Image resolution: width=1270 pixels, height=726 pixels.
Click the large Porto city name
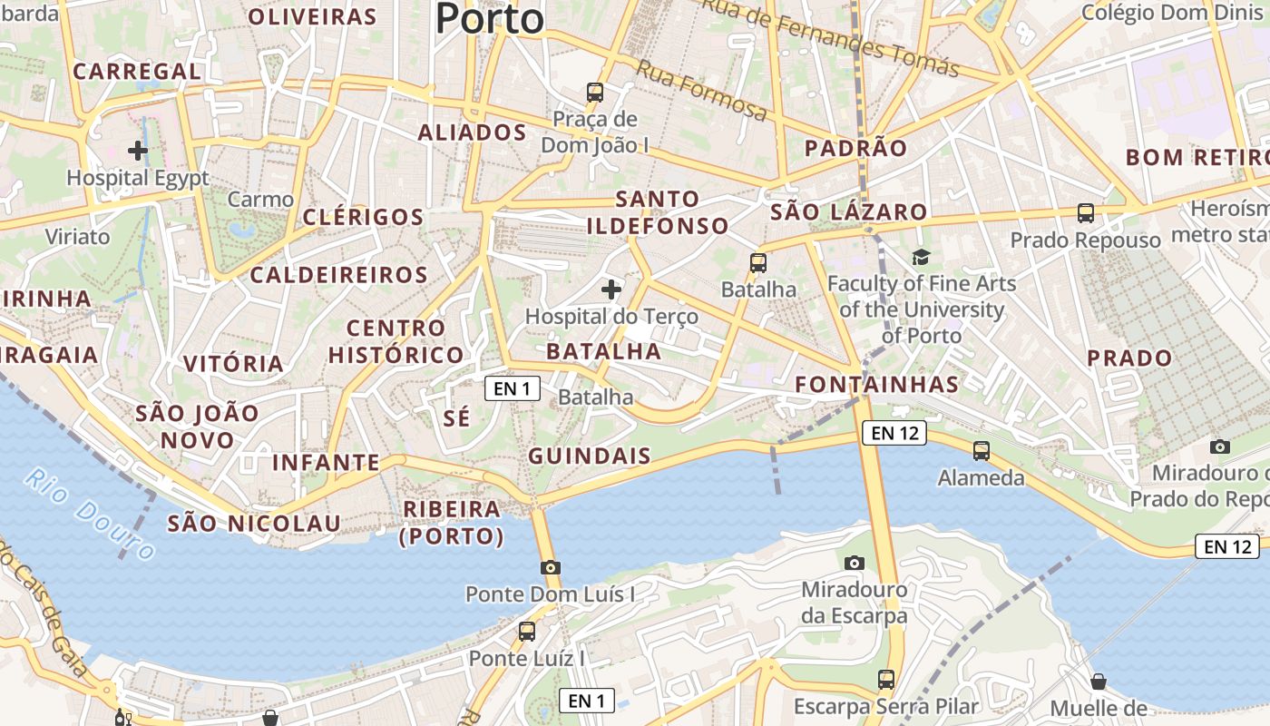click(x=490, y=18)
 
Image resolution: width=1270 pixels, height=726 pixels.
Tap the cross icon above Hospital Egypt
click(x=138, y=150)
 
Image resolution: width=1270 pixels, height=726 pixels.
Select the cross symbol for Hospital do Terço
click(x=611, y=289)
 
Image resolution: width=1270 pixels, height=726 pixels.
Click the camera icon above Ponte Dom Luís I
click(x=550, y=567)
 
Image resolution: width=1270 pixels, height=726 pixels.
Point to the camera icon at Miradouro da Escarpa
click(x=854, y=563)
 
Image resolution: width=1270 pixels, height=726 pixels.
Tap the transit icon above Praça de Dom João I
click(x=595, y=92)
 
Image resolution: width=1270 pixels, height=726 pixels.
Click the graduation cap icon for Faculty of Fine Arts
click(x=922, y=257)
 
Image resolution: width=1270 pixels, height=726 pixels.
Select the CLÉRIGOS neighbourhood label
click(x=363, y=217)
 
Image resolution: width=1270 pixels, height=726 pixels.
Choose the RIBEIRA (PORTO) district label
click(x=452, y=522)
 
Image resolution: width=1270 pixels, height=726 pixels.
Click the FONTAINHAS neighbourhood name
click(x=876, y=384)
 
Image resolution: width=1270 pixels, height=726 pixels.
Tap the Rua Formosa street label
click(x=701, y=90)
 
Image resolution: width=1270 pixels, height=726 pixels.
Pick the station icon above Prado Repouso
click(x=1085, y=213)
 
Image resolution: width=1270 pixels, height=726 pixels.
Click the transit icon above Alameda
click(x=981, y=450)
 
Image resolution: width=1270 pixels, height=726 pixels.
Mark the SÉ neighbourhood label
click(x=457, y=417)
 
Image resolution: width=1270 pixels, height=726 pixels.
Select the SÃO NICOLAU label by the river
click(x=254, y=523)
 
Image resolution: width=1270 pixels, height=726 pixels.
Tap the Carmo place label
click(x=260, y=199)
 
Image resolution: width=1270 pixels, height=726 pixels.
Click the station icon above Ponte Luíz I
click(x=527, y=631)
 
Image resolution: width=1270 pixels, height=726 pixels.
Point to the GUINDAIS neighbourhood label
click(x=590, y=456)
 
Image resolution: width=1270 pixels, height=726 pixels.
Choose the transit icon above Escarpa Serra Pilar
click(x=885, y=679)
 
